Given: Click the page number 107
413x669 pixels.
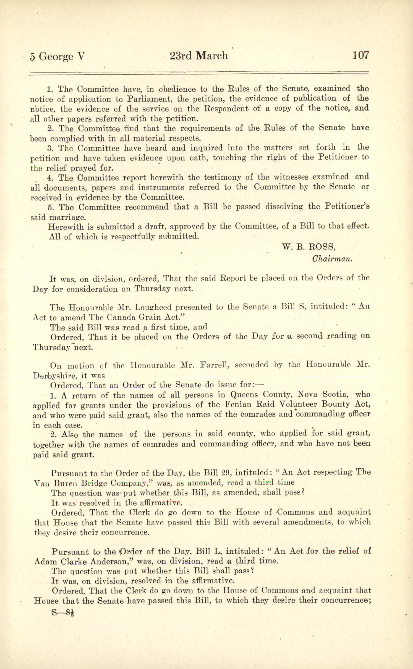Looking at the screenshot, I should tap(361, 55).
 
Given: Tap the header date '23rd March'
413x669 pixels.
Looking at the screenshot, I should tap(199, 56).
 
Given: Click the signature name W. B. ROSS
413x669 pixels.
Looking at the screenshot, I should tap(309, 246).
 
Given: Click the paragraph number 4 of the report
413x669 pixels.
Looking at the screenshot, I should tap(50, 178).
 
